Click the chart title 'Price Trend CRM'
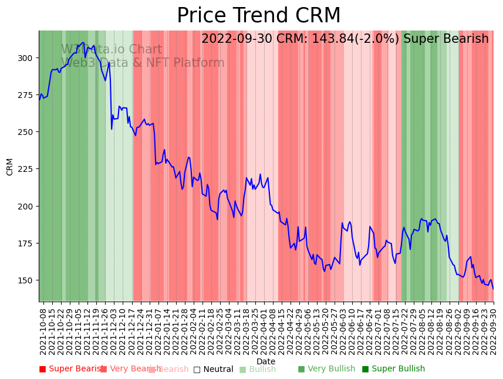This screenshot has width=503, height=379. pyautogui.click(x=258, y=16)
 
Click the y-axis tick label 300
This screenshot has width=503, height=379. pyautogui.click(x=27, y=58)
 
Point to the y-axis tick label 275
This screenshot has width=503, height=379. pyautogui.click(x=27, y=95)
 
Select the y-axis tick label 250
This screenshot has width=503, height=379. pyautogui.click(x=27, y=132)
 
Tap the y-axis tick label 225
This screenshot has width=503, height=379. pyautogui.click(x=27, y=169)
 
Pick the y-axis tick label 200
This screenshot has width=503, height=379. pyautogui.click(x=27, y=206)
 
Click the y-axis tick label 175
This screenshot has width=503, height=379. pyautogui.click(x=27, y=243)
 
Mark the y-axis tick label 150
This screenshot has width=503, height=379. pyautogui.click(x=27, y=280)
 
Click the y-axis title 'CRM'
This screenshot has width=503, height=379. pyautogui.click(x=10, y=166)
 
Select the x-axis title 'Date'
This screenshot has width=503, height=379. pyautogui.click(x=266, y=362)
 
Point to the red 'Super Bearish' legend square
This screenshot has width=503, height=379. pyautogui.click(x=42, y=369)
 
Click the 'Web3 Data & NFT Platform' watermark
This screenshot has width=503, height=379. pyautogui.click(x=143, y=63)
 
